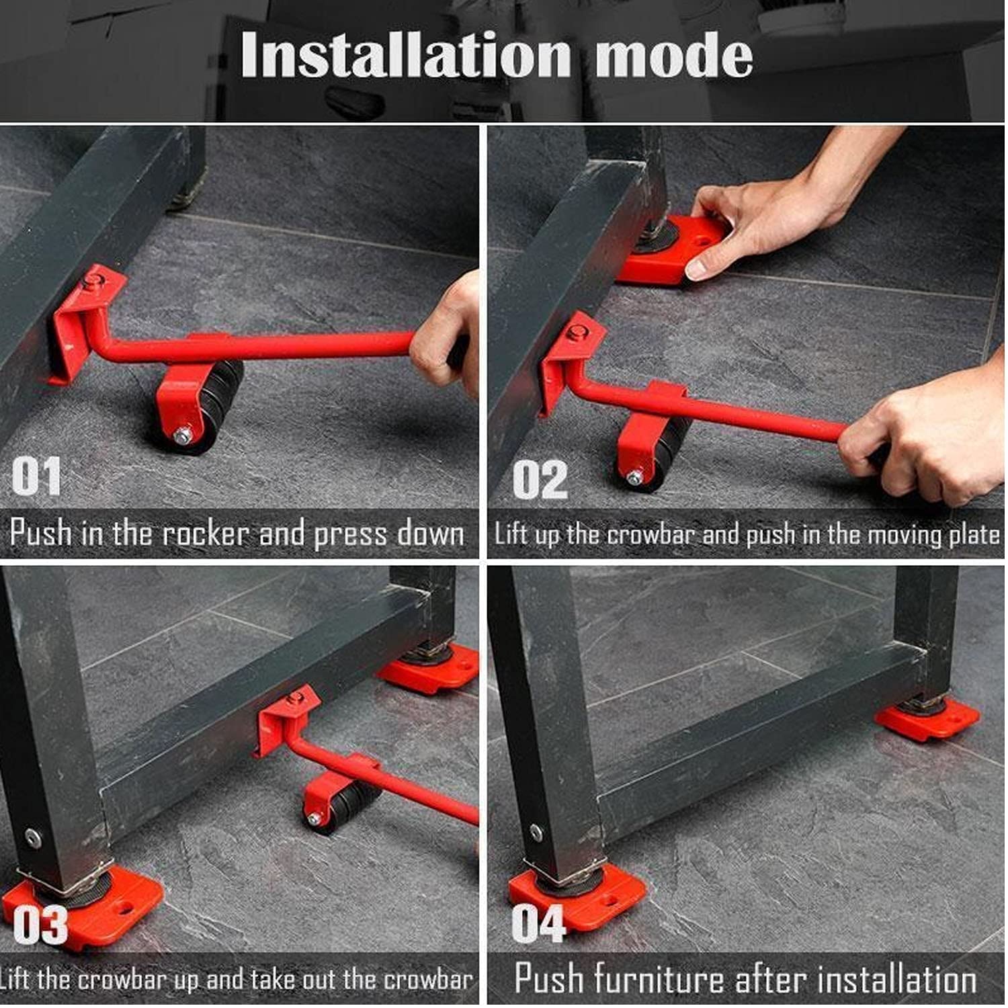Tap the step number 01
point(36,476)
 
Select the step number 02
point(540,480)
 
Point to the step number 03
point(40,925)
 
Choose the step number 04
point(538,924)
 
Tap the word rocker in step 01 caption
point(206,534)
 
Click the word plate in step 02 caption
point(974,535)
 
